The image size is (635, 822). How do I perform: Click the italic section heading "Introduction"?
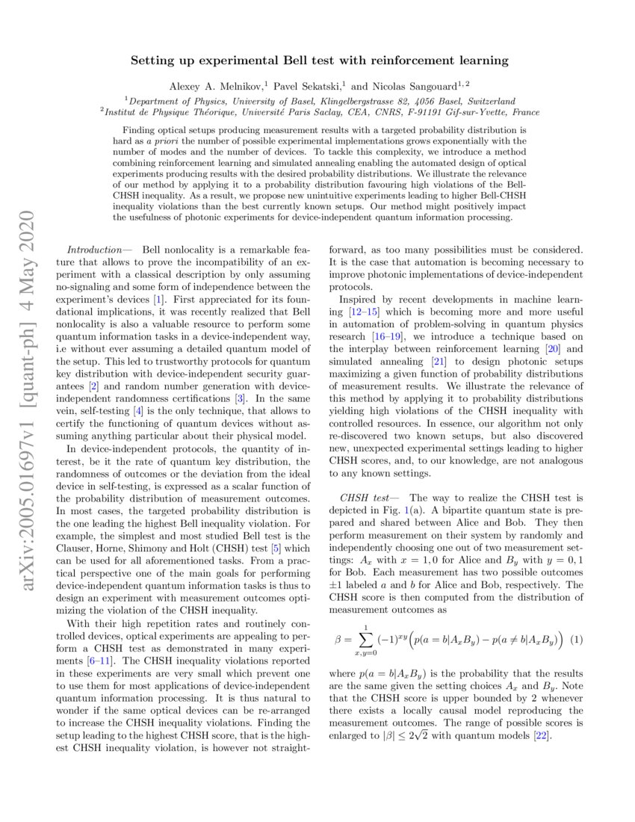point(94,248)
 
